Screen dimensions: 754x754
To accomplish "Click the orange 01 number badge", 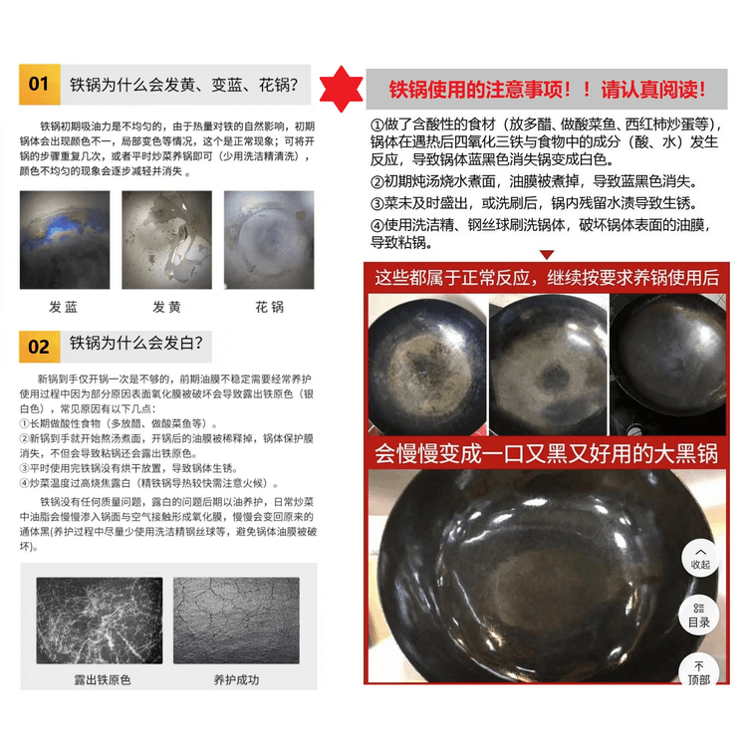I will (40, 84).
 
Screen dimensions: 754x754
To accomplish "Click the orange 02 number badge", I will (40, 346).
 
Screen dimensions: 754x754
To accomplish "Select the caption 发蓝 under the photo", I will (64, 307).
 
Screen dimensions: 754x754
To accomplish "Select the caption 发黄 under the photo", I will (166, 307).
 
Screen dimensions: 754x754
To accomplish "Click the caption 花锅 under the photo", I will (269, 307).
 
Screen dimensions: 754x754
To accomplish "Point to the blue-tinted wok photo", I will (65, 239).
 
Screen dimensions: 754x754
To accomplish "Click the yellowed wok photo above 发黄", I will (166, 239).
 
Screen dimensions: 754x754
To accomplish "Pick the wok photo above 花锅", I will (269, 239).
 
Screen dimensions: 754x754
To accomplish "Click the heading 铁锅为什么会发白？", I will (136, 345).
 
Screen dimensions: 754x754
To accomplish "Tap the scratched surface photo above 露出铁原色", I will (100, 621).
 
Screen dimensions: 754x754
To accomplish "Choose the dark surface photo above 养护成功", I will (235, 621).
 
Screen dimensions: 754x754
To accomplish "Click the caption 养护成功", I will (236, 680).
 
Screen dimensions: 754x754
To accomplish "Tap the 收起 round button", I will (700, 558).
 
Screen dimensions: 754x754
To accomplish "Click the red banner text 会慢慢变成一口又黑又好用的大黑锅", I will (546, 454).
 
